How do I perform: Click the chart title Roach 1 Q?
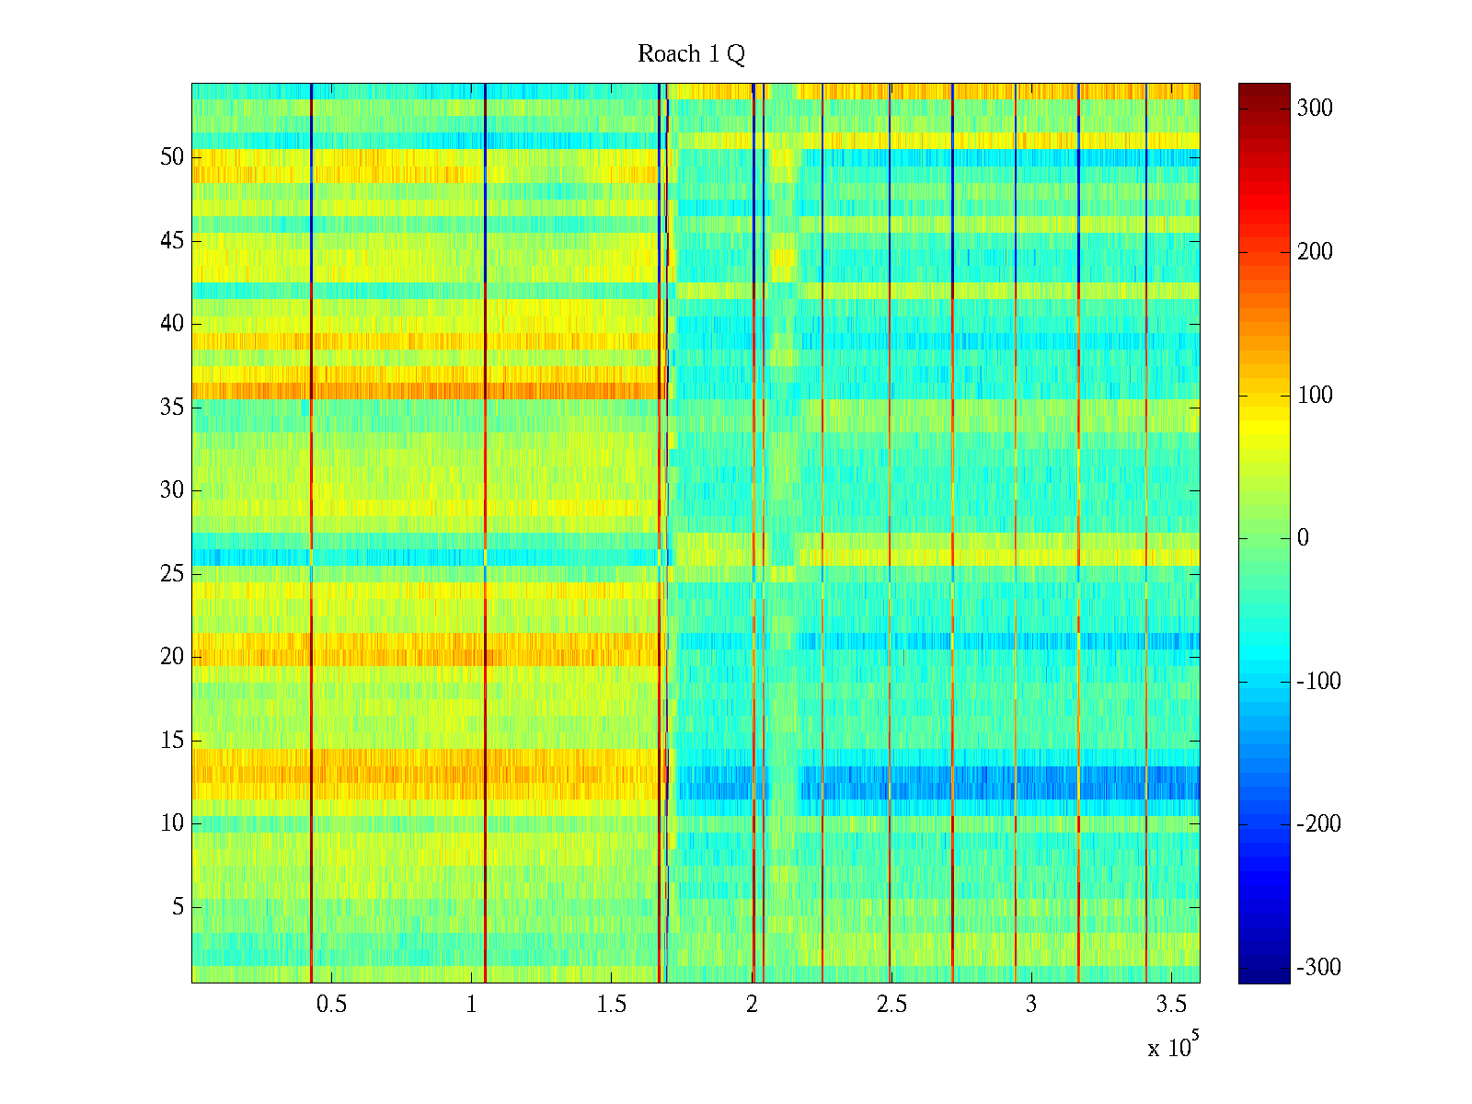[691, 54]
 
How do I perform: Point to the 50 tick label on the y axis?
[172, 157]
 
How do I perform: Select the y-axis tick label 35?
[172, 408]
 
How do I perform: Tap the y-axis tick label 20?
[172, 657]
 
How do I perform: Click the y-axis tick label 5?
[178, 907]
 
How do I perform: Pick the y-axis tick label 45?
[172, 241]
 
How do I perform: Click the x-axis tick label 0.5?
[331, 1005]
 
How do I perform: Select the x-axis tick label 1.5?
[611, 1005]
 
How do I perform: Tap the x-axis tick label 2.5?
[891, 1005]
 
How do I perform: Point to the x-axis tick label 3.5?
[1171, 1005]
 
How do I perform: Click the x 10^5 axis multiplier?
[1173, 1047]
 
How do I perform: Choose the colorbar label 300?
[1315, 109]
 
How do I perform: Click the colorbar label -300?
[1318, 967]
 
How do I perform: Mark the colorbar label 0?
[1303, 538]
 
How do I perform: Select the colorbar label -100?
[1318, 682]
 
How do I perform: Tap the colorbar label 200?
[1315, 252]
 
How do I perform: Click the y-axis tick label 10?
[172, 823]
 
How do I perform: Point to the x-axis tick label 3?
[1031, 1005]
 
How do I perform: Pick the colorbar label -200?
[1318, 824]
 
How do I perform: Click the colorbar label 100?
[1315, 396]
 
